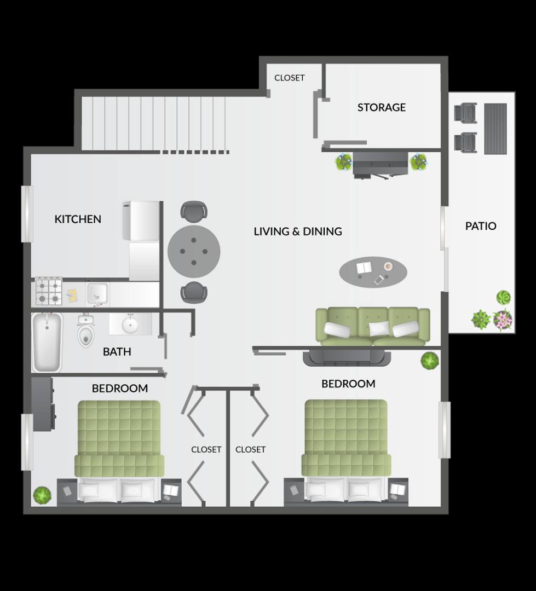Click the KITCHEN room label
click(78, 219)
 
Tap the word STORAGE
click(382, 107)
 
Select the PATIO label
click(481, 226)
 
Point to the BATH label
click(117, 352)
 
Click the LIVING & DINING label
click(298, 231)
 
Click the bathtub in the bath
click(47, 342)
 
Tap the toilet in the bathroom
click(86, 331)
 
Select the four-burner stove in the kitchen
click(49, 291)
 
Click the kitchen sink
click(97, 294)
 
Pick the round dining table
click(194, 251)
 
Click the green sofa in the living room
click(373, 326)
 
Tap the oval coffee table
click(373, 272)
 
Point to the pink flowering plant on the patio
click(502, 320)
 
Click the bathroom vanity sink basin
click(130, 324)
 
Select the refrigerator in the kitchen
click(141, 221)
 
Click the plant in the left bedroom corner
click(42, 495)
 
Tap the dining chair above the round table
click(194, 211)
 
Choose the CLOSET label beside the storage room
click(289, 78)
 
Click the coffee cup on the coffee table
click(388, 266)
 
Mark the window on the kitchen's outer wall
click(27, 214)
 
